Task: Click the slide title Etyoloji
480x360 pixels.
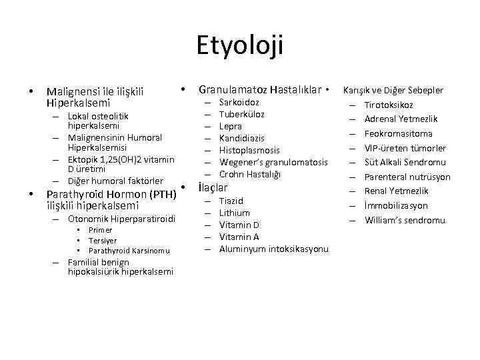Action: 240,46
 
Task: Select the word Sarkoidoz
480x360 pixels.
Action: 239,103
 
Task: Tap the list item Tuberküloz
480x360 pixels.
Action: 241,114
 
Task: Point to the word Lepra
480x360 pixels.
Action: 231,126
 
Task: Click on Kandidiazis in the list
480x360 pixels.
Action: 242,138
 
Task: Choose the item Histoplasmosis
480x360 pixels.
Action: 249,150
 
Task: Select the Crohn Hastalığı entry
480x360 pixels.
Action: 250,175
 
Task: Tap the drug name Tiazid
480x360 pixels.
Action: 231,201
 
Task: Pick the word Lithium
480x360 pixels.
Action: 234,213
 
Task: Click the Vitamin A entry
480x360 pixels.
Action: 239,237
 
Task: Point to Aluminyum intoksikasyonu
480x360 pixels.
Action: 274,249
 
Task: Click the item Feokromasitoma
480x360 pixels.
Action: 399,133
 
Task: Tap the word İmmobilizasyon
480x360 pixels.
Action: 396,206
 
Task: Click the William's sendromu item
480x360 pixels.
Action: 405,221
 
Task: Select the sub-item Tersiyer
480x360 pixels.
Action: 103,240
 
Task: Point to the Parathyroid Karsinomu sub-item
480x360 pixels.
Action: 129,251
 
